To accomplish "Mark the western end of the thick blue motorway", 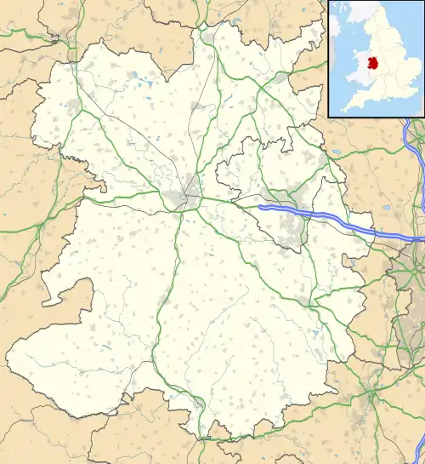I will [x=260, y=206].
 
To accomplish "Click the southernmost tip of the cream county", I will [x=201, y=438].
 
